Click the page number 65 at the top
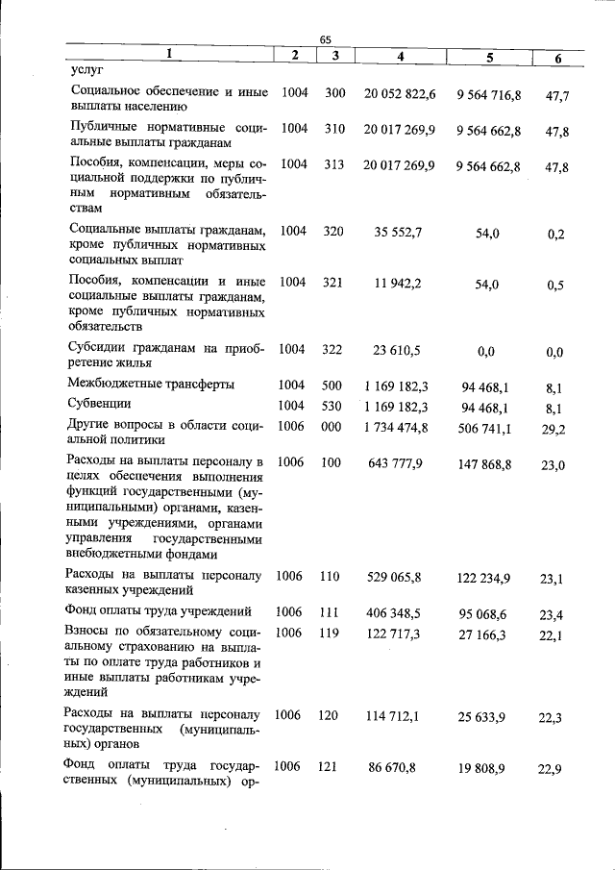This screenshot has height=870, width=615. tap(325, 39)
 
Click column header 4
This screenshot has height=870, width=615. tap(400, 57)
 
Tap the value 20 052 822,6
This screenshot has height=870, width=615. tap(400, 94)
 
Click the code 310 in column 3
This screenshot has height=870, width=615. tap(333, 128)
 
